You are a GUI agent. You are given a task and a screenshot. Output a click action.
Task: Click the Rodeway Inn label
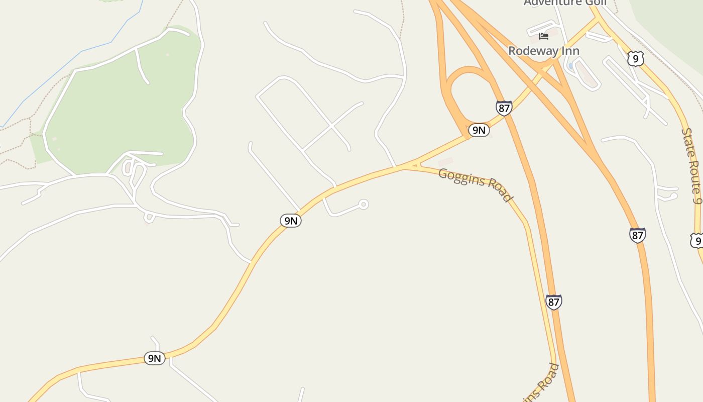(544, 51)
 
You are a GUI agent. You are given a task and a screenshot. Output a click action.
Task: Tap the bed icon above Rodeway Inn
(543, 36)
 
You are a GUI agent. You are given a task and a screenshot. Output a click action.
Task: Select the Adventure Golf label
(565, 3)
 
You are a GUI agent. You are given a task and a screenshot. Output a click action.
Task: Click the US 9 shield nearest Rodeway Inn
(635, 59)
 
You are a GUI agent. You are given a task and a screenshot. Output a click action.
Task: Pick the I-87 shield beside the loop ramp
(504, 108)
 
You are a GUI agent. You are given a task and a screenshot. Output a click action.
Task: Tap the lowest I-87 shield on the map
(553, 302)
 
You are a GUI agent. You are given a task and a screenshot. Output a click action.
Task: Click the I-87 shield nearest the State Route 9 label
(637, 235)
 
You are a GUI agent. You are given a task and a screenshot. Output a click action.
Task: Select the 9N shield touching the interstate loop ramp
(479, 130)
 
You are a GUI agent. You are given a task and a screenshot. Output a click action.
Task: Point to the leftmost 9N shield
(155, 358)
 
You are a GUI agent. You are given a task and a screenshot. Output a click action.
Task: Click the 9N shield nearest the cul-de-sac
(291, 220)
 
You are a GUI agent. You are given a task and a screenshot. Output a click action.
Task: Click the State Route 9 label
(691, 165)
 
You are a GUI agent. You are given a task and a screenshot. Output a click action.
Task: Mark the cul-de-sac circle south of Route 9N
(364, 204)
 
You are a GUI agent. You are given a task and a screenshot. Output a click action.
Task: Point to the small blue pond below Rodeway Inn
(571, 66)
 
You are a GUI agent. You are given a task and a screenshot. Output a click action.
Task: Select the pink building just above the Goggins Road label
(445, 162)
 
